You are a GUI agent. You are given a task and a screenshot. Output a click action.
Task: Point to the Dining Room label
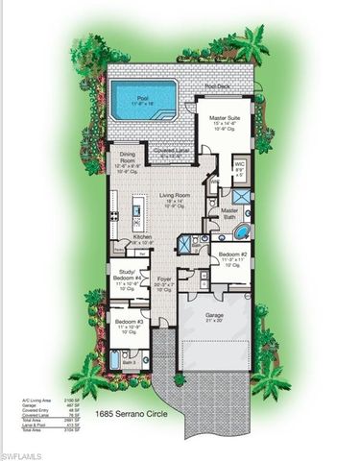(127, 159)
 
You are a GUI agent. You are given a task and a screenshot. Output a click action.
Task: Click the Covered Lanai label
(169, 151)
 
